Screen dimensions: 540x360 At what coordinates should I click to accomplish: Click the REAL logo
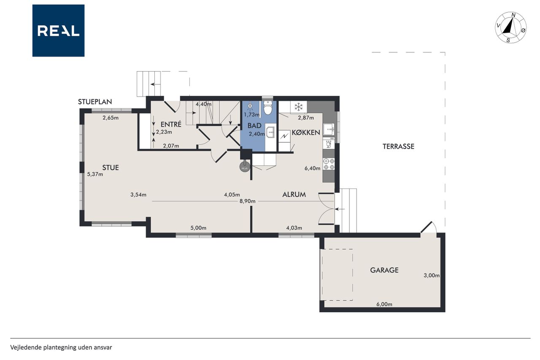(x=58, y=31)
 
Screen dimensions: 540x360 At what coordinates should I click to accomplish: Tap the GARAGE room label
(x=384, y=270)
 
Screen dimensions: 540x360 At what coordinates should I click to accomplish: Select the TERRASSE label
(x=398, y=146)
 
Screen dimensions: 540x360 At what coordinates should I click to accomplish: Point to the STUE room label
(x=111, y=168)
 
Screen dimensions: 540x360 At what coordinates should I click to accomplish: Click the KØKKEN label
(x=306, y=133)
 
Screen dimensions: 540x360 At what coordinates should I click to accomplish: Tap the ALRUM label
(x=294, y=195)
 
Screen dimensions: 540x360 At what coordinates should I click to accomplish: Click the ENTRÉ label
(x=171, y=124)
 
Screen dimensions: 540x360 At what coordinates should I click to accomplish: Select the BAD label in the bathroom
(x=254, y=125)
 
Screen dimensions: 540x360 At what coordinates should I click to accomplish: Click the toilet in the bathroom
(x=267, y=108)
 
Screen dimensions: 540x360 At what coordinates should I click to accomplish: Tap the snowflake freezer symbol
(x=299, y=107)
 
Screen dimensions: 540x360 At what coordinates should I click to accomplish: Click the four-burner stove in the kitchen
(x=329, y=164)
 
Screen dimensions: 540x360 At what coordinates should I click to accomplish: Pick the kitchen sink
(x=329, y=130)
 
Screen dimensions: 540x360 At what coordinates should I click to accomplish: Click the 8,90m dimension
(x=247, y=201)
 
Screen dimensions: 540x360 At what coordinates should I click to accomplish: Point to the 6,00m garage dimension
(x=384, y=304)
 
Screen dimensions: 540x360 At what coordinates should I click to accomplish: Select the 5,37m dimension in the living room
(x=95, y=174)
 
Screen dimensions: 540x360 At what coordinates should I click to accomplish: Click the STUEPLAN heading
(x=95, y=102)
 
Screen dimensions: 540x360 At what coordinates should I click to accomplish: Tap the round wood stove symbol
(x=244, y=168)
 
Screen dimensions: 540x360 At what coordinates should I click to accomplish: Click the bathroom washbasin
(x=270, y=132)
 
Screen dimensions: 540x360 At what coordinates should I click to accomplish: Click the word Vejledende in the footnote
(x=26, y=347)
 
